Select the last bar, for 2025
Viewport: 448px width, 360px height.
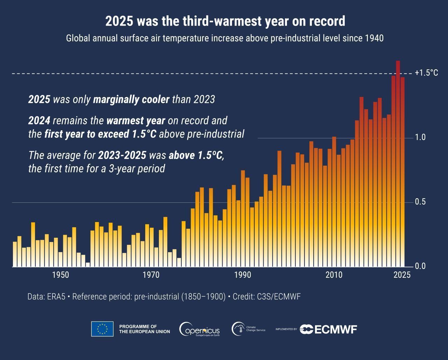tap(402, 172)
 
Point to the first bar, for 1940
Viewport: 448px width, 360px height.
tap(15, 254)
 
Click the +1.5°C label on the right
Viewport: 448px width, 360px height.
tap(426, 73)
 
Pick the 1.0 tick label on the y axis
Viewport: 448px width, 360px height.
tap(420, 137)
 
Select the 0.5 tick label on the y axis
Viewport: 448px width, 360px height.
tap(420, 202)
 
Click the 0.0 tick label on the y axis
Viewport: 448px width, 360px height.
tap(420, 266)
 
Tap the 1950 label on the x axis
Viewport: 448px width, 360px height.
tap(61, 275)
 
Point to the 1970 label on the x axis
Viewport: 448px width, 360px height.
tap(152, 275)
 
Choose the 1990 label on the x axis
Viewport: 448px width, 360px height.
tap(243, 275)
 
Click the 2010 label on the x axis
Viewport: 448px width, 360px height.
tap(334, 275)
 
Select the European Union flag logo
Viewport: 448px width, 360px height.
tap(102, 329)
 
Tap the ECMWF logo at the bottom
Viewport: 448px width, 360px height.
tap(328, 329)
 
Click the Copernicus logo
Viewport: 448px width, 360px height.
tap(199, 329)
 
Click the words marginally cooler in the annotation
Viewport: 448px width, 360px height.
tap(131, 99)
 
